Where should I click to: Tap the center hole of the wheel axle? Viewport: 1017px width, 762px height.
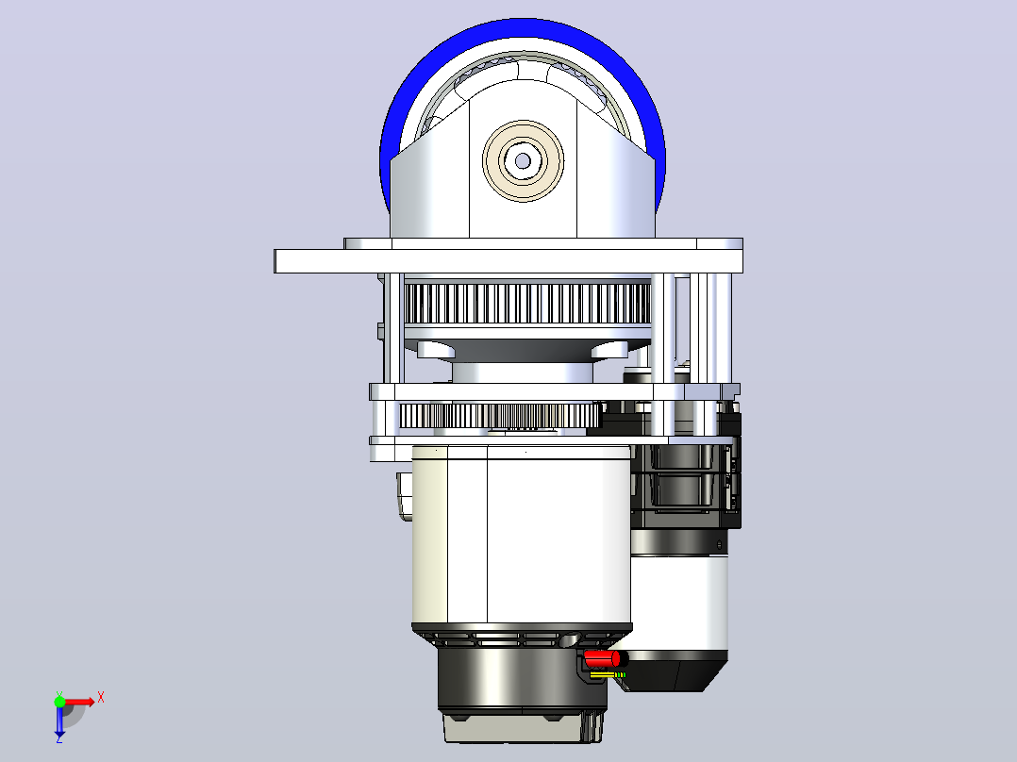[523, 161]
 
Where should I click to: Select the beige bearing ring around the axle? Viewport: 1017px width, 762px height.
[523, 161]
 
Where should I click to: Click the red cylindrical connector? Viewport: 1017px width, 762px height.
[602, 659]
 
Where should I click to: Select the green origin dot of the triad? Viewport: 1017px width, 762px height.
[59, 702]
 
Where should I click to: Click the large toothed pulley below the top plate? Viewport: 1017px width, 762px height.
[526, 304]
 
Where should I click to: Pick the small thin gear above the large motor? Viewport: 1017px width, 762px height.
[499, 416]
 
